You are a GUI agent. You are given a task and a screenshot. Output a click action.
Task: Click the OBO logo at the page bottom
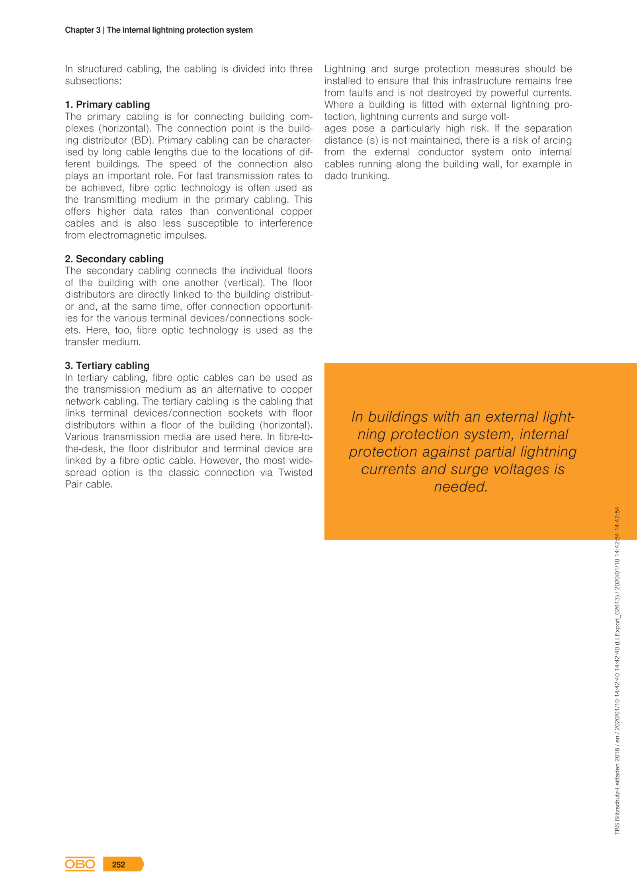(x=80, y=864)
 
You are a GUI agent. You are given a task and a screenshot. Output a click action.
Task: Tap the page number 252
(x=119, y=864)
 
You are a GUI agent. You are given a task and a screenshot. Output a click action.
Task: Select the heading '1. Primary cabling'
(x=107, y=104)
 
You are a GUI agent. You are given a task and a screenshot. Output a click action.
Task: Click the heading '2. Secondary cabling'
(x=114, y=259)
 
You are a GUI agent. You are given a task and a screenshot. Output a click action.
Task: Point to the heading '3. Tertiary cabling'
(x=107, y=366)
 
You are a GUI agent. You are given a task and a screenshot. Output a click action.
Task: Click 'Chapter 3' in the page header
(x=82, y=30)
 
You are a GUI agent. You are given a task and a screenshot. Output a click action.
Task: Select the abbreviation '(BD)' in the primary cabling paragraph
(x=142, y=140)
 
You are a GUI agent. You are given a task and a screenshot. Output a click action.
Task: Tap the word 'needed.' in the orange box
(x=461, y=487)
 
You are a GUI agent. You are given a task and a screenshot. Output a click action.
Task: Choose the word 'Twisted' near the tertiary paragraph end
(x=295, y=473)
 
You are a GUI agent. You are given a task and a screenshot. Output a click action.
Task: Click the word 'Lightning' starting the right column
(x=345, y=69)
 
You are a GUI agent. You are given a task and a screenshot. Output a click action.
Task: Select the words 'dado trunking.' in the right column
(x=357, y=176)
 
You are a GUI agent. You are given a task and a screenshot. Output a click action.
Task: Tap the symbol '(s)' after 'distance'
(x=372, y=140)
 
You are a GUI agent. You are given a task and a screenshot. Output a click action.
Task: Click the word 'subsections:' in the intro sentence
(x=93, y=81)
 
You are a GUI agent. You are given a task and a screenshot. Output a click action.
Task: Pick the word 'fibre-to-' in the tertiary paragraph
(x=296, y=437)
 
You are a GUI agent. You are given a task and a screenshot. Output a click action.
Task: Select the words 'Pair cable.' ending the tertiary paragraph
(x=89, y=485)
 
